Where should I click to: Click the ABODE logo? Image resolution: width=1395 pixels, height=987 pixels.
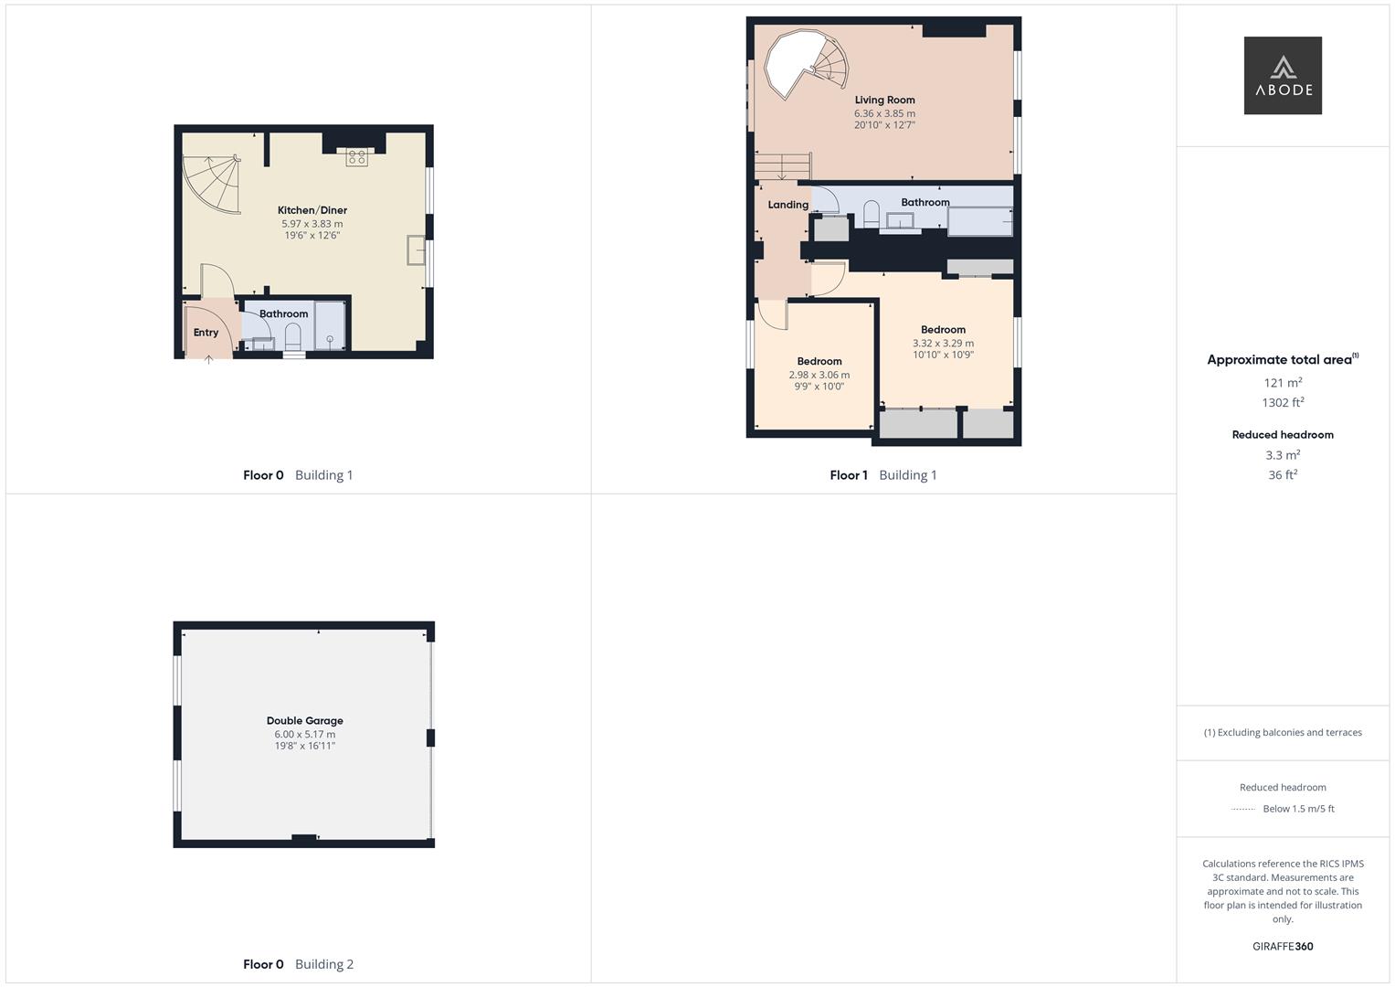click(x=1282, y=76)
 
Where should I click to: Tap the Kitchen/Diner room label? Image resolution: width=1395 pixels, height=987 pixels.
click(x=312, y=210)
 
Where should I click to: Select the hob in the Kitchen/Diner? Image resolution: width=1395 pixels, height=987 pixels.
click(x=356, y=157)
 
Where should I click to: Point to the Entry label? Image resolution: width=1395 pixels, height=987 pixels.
click(x=206, y=333)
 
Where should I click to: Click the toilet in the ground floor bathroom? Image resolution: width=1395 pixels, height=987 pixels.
click(x=293, y=339)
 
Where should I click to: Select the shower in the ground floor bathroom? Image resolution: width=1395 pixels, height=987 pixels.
click(x=330, y=325)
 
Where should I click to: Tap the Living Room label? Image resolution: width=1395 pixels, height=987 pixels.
click(x=884, y=101)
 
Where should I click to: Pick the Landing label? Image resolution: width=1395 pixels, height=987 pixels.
click(x=787, y=205)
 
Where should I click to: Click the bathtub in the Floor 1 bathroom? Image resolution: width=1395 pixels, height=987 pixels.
click(x=980, y=221)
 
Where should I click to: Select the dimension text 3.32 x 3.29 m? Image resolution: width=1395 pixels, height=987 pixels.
click(x=943, y=344)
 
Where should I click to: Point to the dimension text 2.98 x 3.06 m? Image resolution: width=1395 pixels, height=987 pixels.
click(x=819, y=375)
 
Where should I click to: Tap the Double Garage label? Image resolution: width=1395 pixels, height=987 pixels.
click(x=304, y=721)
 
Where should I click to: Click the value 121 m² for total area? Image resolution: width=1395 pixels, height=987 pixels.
click(x=1283, y=383)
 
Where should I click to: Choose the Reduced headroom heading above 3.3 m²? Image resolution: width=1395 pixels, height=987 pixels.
click(x=1283, y=435)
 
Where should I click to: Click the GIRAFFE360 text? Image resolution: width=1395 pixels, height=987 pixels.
click(x=1283, y=947)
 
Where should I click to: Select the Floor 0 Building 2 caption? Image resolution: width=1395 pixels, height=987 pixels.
click(x=298, y=964)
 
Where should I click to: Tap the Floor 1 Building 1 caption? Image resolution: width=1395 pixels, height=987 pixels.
click(x=882, y=475)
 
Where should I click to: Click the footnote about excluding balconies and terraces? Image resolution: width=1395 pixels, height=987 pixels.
click(x=1283, y=733)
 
